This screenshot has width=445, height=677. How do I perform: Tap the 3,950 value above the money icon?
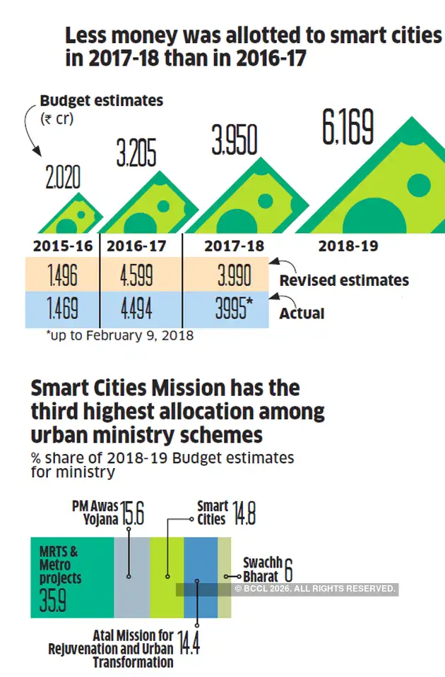click(x=235, y=140)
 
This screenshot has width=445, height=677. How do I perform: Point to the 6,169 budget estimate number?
click(x=348, y=128)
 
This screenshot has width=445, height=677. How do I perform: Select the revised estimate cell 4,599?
click(x=136, y=275)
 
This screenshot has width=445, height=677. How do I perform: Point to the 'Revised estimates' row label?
click(x=344, y=280)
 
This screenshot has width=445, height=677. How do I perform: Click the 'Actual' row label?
click(x=302, y=313)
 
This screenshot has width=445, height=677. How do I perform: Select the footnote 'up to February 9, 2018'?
click(x=119, y=336)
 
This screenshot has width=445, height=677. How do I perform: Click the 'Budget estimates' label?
click(x=101, y=101)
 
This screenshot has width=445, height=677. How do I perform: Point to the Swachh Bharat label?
click(x=263, y=569)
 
